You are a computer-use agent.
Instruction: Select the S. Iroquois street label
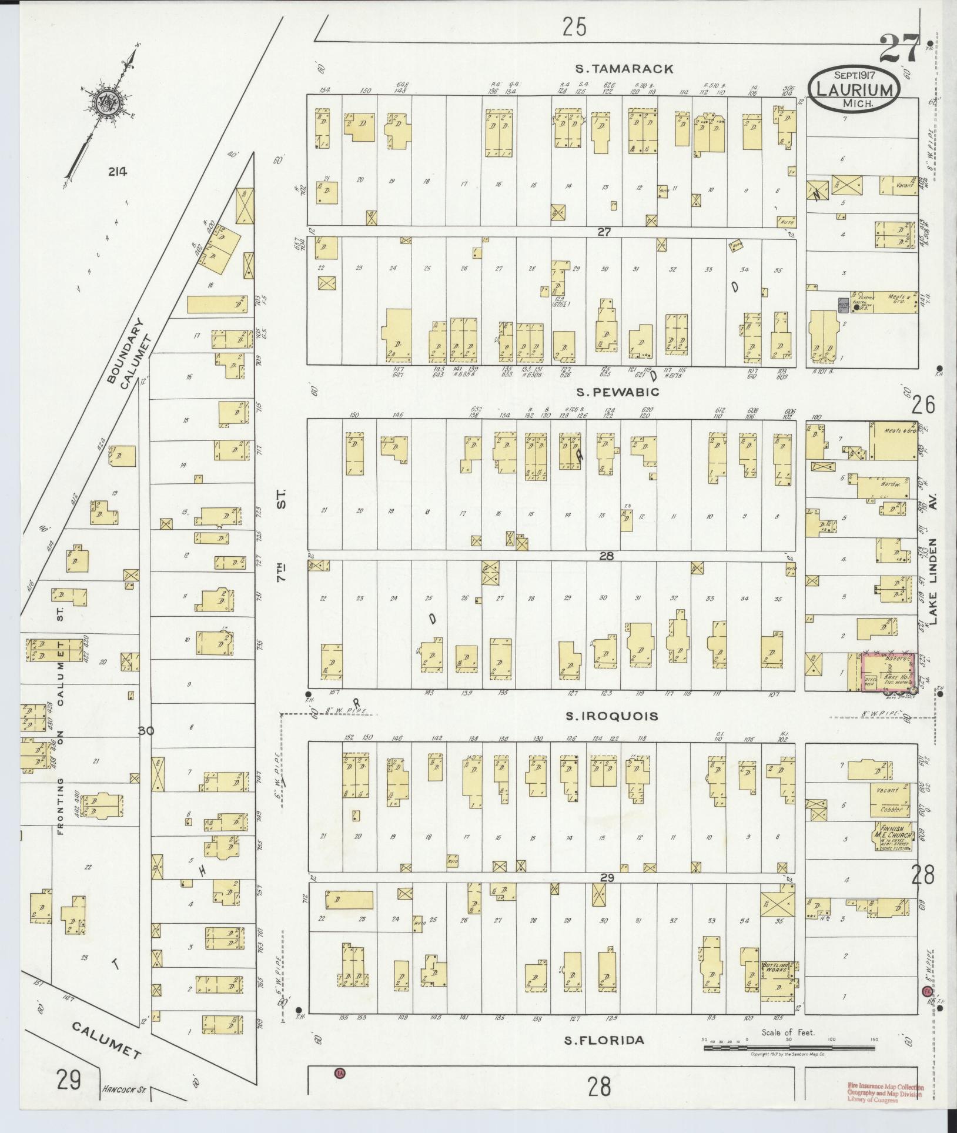click(611, 716)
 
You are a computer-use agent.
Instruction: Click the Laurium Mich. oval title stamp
click(854, 89)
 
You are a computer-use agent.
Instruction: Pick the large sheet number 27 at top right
click(899, 48)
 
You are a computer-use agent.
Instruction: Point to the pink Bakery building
click(888, 671)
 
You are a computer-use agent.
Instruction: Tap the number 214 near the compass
click(118, 172)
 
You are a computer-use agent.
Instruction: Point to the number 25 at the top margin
click(574, 26)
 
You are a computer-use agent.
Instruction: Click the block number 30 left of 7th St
click(145, 731)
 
